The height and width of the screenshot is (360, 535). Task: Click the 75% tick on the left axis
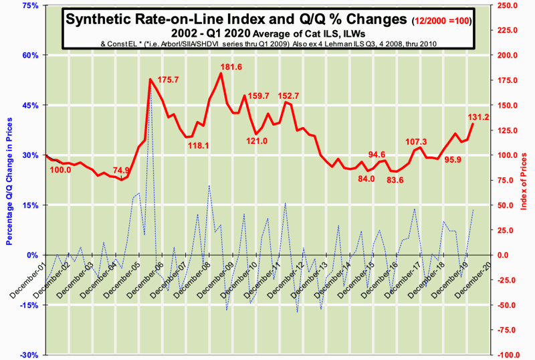coord(29,5)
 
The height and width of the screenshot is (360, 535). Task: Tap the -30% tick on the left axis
coord(29,355)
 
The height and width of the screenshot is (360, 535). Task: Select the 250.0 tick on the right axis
coord(508,5)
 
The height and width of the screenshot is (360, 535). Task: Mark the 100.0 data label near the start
coord(61,170)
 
